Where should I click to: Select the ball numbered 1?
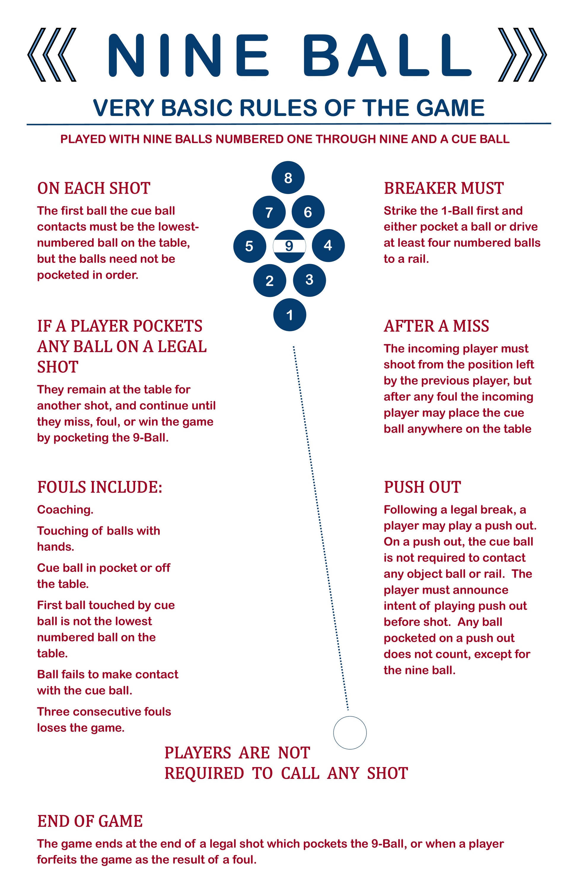(x=290, y=315)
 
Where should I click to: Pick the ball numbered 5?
(x=250, y=246)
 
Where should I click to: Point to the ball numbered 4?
(x=328, y=246)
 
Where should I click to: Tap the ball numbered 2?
(x=270, y=280)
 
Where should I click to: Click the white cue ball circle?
(x=350, y=733)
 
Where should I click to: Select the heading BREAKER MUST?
(x=444, y=188)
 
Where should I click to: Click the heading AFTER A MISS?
(x=436, y=326)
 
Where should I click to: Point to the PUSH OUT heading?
(x=422, y=487)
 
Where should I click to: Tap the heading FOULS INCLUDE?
(x=100, y=487)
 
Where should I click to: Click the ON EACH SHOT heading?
(x=94, y=188)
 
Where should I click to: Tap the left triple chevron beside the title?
(x=52, y=55)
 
